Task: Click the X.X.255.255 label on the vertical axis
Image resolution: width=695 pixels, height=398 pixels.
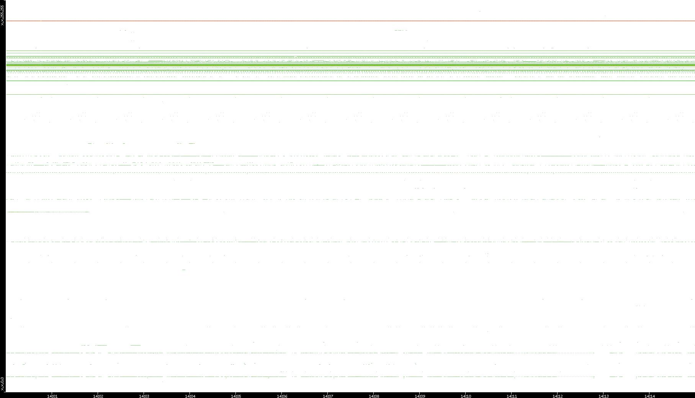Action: (x=2, y=16)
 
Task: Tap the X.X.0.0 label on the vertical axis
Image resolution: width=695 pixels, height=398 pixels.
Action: (x=2, y=383)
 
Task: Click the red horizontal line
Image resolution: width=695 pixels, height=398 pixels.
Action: (x=345, y=21)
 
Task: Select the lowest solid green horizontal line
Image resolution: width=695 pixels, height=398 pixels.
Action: (x=345, y=94)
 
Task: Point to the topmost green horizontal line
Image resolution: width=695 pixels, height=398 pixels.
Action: (x=345, y=50)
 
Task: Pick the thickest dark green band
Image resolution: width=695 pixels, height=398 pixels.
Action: (x=345, y=65)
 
